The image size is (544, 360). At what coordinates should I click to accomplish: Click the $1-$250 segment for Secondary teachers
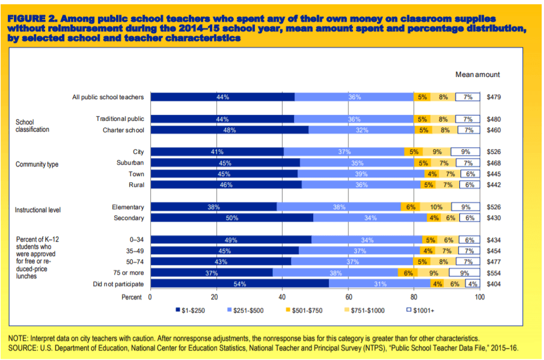pyautogui.click(x=231, y=218)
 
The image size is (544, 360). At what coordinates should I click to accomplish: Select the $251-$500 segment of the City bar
pyautogui.click(x=344, y=152)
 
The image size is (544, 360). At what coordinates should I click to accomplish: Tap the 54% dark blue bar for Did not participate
pyautogui.click(x=239, y=284)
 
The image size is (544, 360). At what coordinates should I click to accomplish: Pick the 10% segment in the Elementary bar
pyautogui.click(x=436, y=207)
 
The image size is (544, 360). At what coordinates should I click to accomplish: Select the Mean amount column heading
pyautogui.click(x=477, y=75)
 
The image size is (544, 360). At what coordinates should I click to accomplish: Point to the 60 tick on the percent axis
pyautogui.click(x=348, y=297)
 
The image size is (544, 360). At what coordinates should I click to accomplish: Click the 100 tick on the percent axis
pyautogui.click(x=479, y=297)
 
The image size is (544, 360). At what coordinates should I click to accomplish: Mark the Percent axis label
pyautogui.click(x=132, y=297)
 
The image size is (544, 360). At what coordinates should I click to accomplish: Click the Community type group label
pyautogui.click(x=37, y=165)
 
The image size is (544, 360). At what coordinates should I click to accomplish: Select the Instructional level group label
pyautogui.click(x=40, y=210)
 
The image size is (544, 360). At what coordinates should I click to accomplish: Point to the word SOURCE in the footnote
pyautogui.click(x=23, y=348)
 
